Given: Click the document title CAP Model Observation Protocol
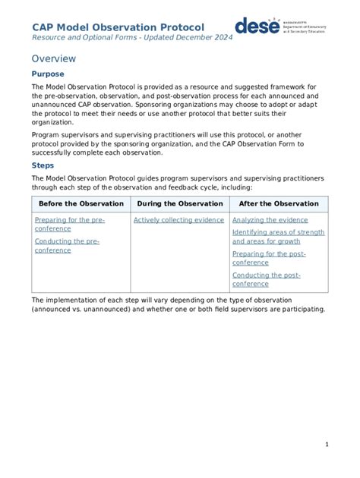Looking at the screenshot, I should pos(118,27).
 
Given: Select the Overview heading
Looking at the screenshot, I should pos(54,58).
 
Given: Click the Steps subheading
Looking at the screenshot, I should pos(43,165).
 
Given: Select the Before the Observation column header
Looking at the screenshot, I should pos(81,203).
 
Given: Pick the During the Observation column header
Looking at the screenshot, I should pos(179,203).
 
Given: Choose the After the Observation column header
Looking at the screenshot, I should pos(279,203).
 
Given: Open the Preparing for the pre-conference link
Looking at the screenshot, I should pos(70,225).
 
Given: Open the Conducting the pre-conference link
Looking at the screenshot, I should pos(67,246).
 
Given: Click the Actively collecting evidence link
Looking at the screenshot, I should pos(178,220).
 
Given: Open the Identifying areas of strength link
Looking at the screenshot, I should pos(278,237).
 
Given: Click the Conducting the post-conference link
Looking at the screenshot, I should pos(266,279).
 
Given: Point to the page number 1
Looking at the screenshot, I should pos(326,444).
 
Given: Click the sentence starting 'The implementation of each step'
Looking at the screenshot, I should pos(178,304).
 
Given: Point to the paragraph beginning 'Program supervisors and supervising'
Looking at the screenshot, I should pos(178,143).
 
